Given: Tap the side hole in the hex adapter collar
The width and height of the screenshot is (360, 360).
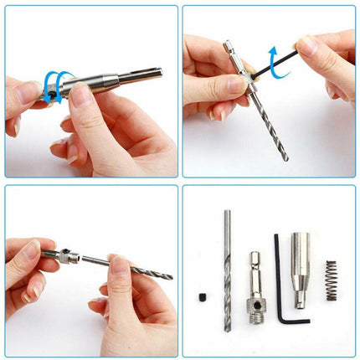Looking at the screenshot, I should point(255,297).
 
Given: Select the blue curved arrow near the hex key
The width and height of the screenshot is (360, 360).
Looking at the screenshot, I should point(275,60).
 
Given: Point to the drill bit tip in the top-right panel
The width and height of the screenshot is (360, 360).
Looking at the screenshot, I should point(285,156).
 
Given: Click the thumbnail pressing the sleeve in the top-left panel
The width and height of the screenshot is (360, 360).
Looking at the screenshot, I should point(82,97).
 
